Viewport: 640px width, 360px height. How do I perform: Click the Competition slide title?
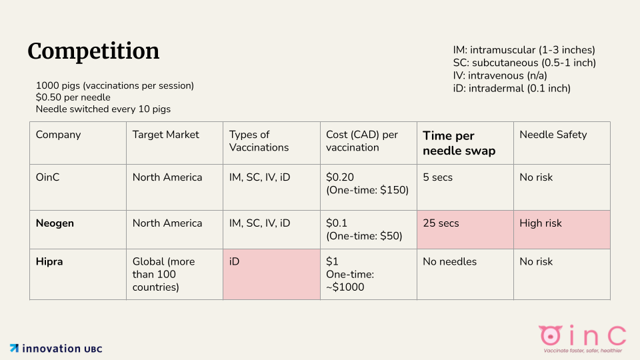(x=93, y=51)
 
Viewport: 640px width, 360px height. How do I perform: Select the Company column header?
(x=59, y=135)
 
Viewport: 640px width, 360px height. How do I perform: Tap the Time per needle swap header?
(x=459, y=143)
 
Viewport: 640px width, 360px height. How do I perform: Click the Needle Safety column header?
(x=553, y=135)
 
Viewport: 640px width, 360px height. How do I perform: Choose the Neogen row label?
(x=55, y=223)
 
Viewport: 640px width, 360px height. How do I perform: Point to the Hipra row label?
(x=49, y=261)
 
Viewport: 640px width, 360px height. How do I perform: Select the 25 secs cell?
(x=441, y=223)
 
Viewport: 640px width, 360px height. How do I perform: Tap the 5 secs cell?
(x=438, y=177)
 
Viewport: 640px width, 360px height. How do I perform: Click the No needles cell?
(x=450, y=261)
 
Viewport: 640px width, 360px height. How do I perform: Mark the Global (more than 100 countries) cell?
(x=164, y=274)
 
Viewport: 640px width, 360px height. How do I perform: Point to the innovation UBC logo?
(x=56, y=348)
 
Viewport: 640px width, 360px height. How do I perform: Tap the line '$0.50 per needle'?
(x=73, y=97)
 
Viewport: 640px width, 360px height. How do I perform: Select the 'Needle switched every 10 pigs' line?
(x=108, y=109)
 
